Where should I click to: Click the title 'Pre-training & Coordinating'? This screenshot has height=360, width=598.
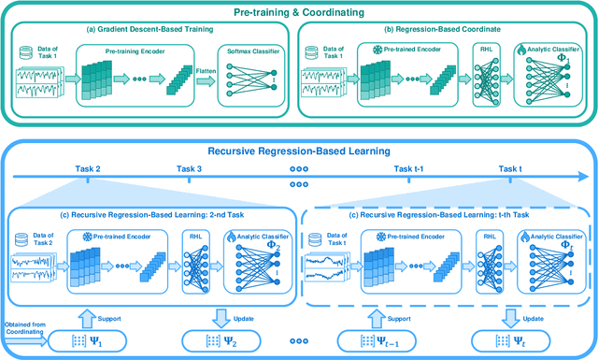pos(299,12)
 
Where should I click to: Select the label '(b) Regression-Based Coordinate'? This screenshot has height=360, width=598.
pos(444,31)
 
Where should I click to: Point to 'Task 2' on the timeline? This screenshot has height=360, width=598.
pos(87,169)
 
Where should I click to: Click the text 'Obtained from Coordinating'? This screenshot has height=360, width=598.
pos(21,328)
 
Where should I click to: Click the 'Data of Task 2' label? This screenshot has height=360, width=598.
pos(42,238)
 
